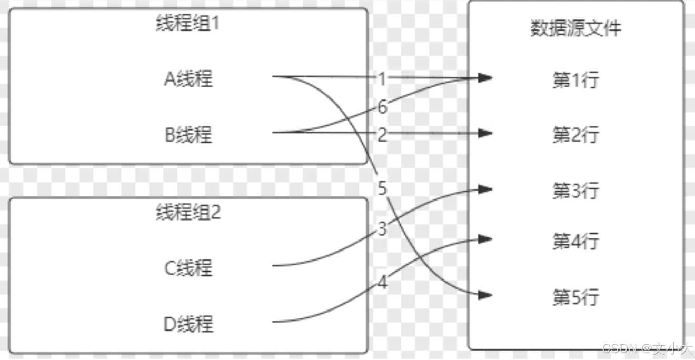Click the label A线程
(188, 79)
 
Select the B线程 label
(188, 134)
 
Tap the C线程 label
(188, 268)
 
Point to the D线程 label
(188, 323)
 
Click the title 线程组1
(188, 23)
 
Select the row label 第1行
(575, 81)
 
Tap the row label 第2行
(575, 135)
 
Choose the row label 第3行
(575, 191)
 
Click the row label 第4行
(575, 242)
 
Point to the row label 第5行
(575, 298)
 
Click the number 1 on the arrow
(382, 79)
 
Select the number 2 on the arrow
(382, 135)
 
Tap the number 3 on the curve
(382, 228)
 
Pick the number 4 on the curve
(382, 283)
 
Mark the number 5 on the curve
(382, 188)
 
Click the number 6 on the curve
(382, 107)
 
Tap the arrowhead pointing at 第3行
(485, 188)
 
